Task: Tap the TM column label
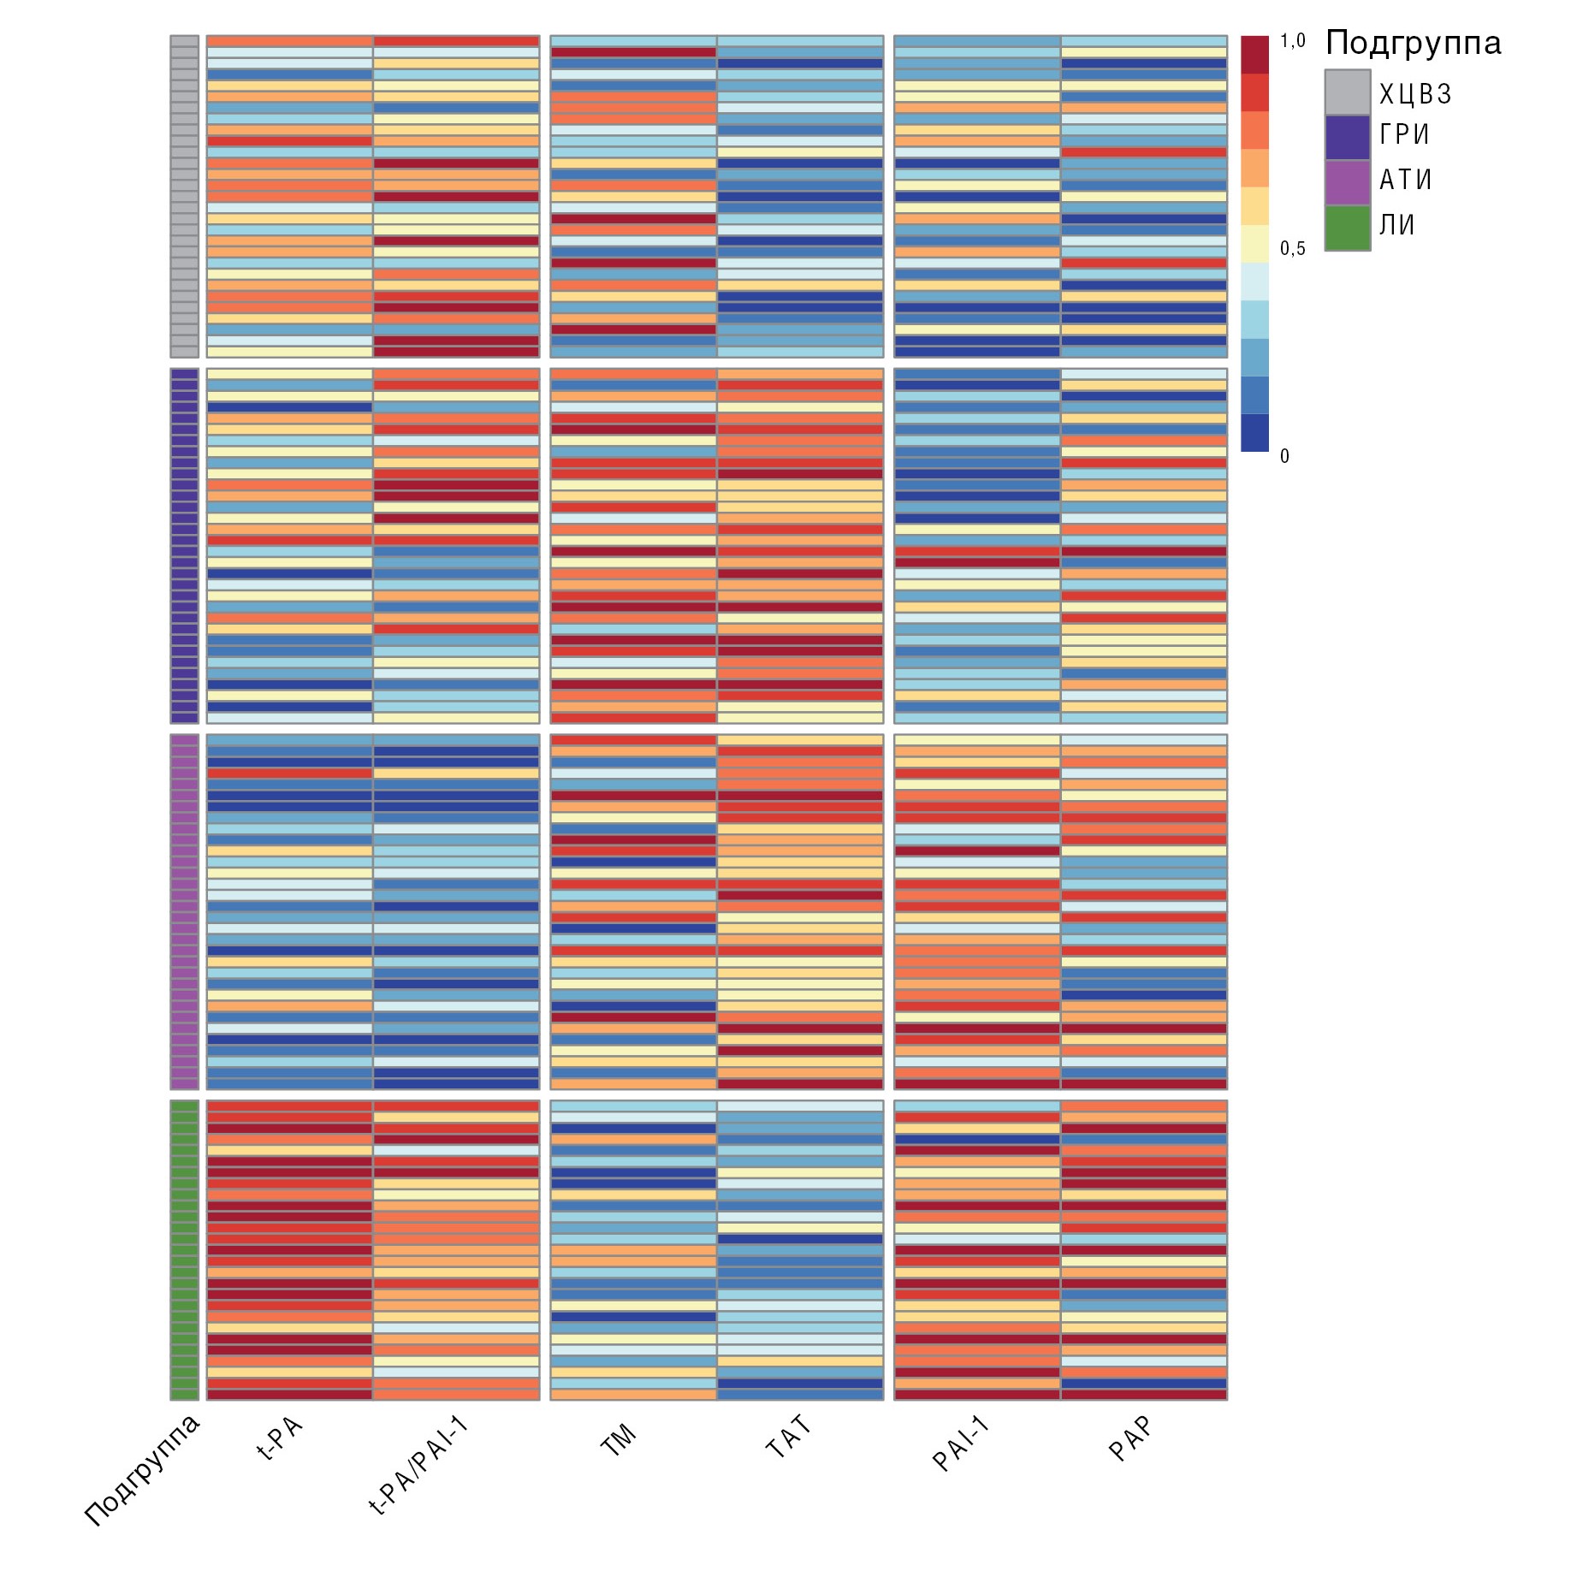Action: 619,1439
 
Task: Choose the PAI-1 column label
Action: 960,1444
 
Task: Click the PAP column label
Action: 1130,1438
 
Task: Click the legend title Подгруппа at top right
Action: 1413,43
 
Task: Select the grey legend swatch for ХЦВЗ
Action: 1347,92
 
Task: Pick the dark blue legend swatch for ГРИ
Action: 1347,138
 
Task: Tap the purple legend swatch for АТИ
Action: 1347,183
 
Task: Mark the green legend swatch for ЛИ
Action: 1347,228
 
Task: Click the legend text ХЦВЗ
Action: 1415,93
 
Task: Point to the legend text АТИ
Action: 1405,180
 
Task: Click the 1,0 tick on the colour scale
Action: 1292,41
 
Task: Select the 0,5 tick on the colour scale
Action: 1292,249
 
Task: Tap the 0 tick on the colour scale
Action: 1284,457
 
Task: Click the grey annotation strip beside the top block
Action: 184,196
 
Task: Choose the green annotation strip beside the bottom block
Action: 184,1250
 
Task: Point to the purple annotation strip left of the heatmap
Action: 184,911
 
